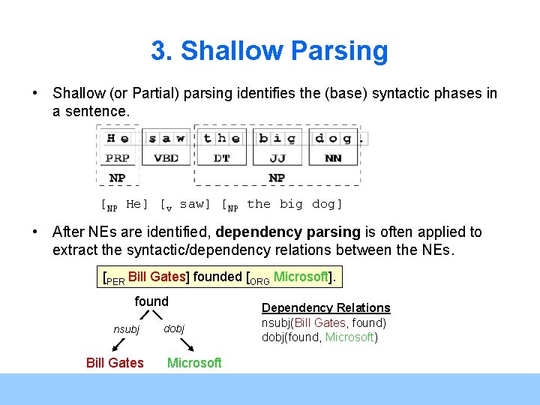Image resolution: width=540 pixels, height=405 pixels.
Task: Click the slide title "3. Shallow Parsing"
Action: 269,51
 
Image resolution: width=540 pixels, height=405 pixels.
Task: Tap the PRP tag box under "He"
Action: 117,158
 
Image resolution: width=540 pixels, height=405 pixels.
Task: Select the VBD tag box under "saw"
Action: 166,158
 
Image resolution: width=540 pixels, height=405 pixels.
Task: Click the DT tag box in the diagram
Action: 221,158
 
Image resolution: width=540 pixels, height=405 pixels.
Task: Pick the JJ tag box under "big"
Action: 277,158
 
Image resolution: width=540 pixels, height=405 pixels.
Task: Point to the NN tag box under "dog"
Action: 333,158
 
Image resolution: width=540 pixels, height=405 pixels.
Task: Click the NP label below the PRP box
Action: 117,178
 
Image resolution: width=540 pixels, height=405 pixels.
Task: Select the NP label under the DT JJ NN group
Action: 277,178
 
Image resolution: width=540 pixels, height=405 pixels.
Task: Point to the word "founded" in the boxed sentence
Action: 217,276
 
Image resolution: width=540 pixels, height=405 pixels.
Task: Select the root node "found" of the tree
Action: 151,301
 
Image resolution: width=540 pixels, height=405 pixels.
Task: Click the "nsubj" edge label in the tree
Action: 126,328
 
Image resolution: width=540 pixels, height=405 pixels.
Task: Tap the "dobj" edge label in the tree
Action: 173,328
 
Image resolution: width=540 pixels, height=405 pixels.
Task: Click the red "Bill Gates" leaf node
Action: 115,362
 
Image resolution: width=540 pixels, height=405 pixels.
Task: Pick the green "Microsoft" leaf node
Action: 194,362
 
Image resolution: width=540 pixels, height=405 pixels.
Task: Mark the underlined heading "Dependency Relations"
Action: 325,307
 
